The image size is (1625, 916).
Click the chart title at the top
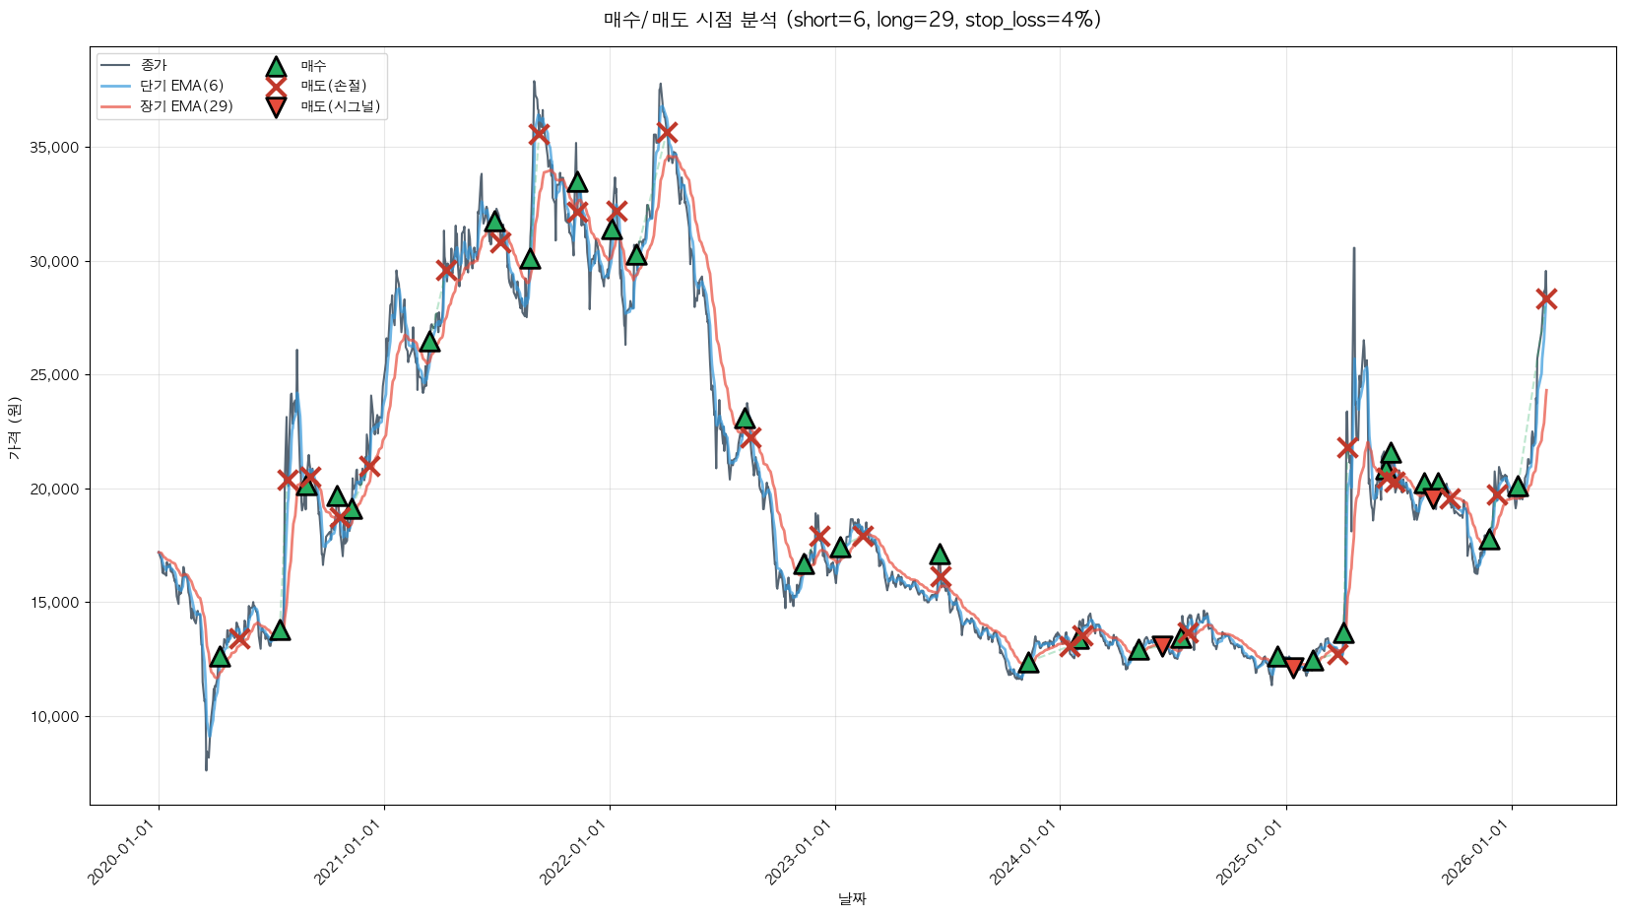coord(852,20)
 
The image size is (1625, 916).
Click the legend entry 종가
coord(154,65)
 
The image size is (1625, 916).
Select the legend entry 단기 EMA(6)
coord(182,86)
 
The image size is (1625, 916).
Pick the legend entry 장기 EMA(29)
coord(186,106)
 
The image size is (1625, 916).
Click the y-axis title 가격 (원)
coord(14,427)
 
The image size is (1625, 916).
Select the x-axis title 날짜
coord(852,898)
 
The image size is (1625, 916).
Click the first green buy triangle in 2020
coord(220,657)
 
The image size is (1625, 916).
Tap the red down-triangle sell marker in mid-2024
coord(1162,646)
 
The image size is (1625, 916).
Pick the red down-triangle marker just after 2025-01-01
coord(1294,668)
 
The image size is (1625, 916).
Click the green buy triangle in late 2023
coord(1028,663)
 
